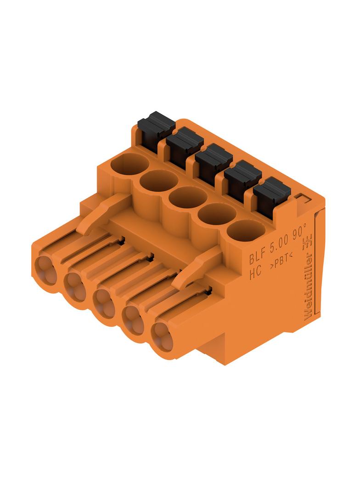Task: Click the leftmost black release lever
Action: point(157,131)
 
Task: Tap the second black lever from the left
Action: point(185,147)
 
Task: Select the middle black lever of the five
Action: point(214,163)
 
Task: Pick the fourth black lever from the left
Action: point(243,180)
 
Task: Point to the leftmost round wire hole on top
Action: point(129,165)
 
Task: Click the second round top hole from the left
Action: point(159,181)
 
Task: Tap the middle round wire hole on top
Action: point(188,198)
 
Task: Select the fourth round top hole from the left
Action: point(217,214)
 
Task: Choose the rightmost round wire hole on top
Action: point(246,230)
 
